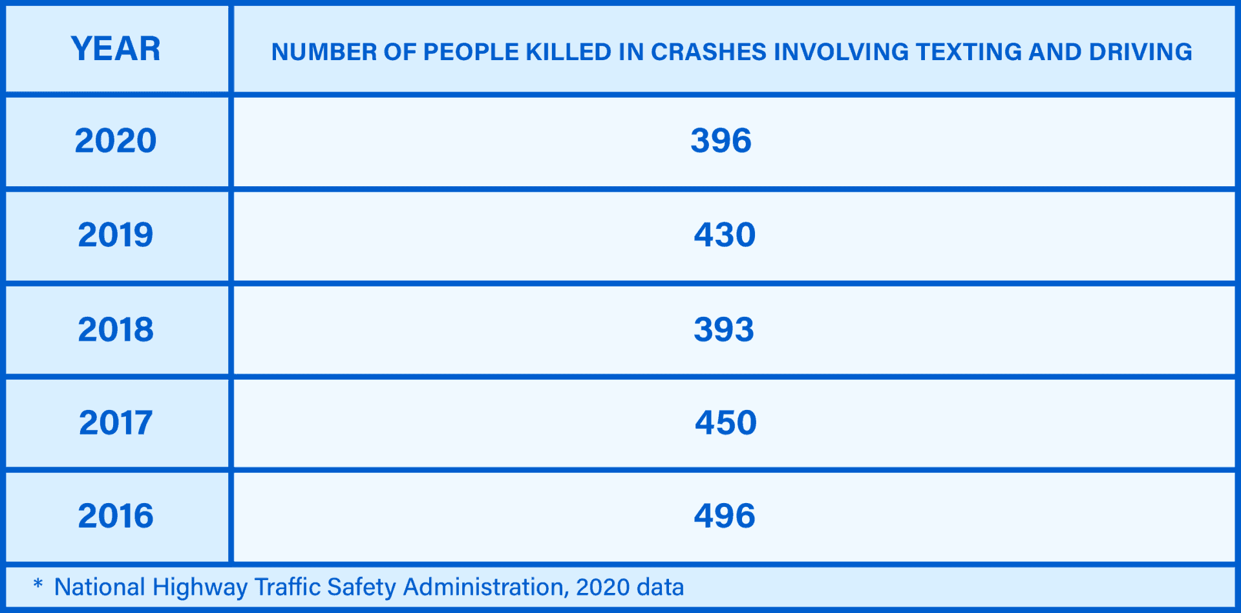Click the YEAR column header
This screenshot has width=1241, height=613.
(116, 49)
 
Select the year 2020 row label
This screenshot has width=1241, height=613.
(116, 141)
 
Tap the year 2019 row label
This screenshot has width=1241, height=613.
(116, 235)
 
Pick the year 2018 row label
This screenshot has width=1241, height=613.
(116, 330)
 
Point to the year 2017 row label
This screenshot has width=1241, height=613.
(116, 423)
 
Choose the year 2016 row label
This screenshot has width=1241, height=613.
(116, 516)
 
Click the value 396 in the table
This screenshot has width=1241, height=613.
(721, 141)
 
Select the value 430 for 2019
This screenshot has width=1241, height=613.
(725, 235)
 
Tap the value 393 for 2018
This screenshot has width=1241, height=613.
(724, 330)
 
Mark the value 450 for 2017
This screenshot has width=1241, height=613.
(725, 423)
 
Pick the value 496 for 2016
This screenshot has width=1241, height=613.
(725, 516)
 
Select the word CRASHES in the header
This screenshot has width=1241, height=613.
(708, 52)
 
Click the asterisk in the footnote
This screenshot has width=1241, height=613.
(38, 585)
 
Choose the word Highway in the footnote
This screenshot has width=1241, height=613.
(200, 587)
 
